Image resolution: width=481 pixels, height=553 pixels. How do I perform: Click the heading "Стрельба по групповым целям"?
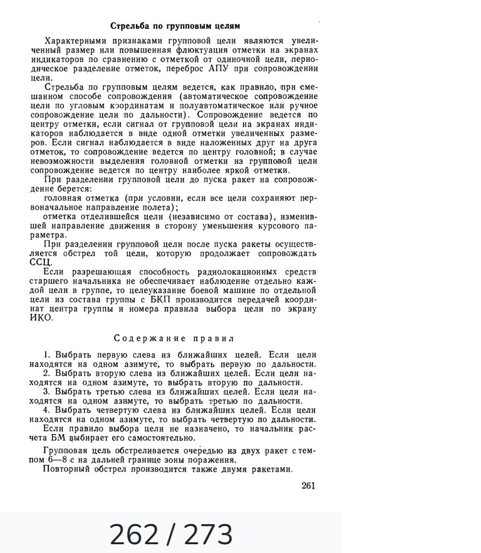tap(175, 26)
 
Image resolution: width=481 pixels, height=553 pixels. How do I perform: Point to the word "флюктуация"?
tap(179, 50)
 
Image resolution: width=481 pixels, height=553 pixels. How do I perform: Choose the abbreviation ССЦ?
tap(41, 262)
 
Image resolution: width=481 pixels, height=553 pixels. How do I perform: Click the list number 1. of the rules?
tap(48, 355)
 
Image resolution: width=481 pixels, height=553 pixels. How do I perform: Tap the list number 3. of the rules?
tap(48, 392)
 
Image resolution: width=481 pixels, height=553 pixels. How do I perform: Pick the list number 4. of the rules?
tap(48, 410)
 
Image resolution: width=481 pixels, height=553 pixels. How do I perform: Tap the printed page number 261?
tap(308, 485)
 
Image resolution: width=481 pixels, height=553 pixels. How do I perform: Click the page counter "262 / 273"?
tap(171, 534)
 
